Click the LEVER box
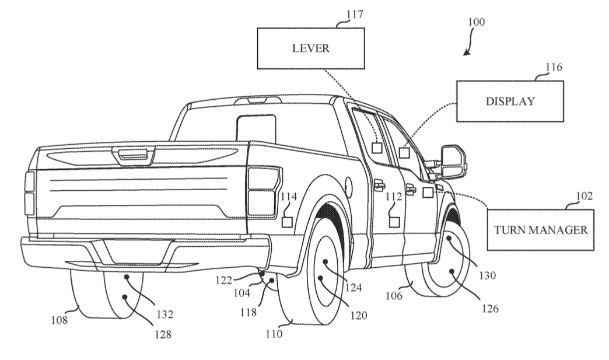pos(310,48)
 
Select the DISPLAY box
pos(510,101)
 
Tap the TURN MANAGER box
pos(541,229)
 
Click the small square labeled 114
pos(288,222)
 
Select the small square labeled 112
pos(394,221)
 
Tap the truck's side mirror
pos(453,162)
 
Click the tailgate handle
pos(134,155)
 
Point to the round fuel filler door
pos(348,187)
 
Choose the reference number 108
pos(59,320)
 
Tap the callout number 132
pos(164,314)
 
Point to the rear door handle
pos(379,186)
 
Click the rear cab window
pos(257,128)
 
